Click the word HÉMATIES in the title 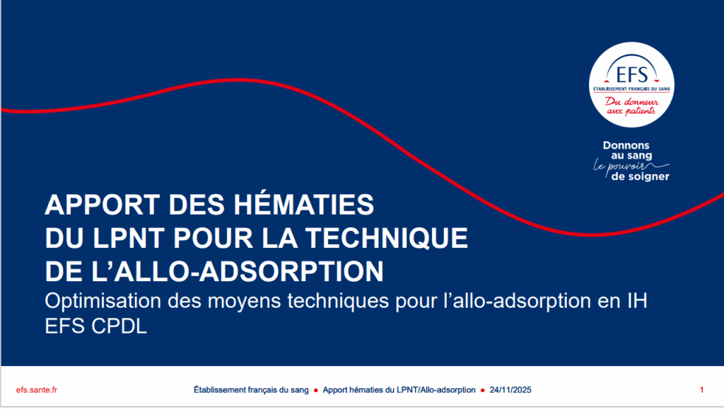click(303, 205)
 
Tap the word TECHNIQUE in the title click(387, 238)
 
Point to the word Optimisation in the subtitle click(103, 301)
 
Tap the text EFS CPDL click(95, 326)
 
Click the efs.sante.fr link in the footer click(37, 389)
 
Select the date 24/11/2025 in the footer click(510, 389)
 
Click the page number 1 click(701, 389)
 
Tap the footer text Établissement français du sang click(251, 389)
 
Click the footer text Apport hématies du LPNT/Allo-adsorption click(399, 389)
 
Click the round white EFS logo click(631, 84)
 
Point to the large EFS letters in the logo click(631, 74)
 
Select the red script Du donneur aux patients click(631, 106)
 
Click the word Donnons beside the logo click(626, 145)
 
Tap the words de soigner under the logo click(640, 176)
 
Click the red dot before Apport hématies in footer click(316, 390)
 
